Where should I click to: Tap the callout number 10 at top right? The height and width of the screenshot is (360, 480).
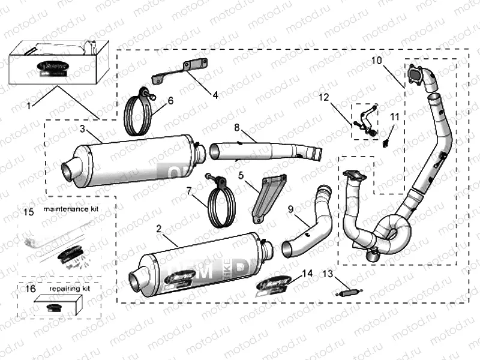point(376,61)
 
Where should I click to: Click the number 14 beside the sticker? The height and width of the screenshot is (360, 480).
point(307,273)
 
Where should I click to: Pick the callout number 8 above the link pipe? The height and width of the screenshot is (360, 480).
point(237,128)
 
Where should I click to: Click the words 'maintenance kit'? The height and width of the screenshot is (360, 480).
point(70,211)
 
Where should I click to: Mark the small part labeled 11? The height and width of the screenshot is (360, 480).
point(386,142)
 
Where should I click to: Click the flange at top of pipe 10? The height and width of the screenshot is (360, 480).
point(415,74)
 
